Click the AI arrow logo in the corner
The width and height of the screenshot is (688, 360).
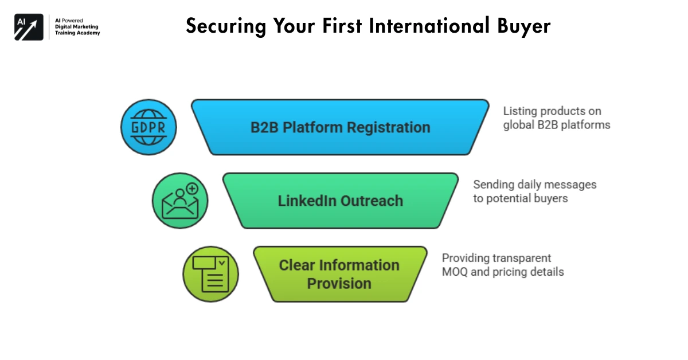click(29, 26)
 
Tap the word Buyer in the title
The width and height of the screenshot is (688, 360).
click(522, 26)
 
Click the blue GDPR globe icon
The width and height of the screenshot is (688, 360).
click(148, 127)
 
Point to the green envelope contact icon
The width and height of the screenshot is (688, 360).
click(180, 201)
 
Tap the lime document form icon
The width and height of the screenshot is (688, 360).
click(210, 274)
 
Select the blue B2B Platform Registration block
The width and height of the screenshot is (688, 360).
click(340, 127)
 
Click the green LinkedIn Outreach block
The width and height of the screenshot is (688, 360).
click(340, 201)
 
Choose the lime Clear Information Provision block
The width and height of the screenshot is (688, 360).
click(339, 274)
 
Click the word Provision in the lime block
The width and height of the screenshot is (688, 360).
click(339, 283)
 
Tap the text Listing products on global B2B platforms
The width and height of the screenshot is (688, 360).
click(556, 118)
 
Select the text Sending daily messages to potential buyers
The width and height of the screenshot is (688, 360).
click(534, 191)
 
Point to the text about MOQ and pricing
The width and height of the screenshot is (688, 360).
click(502, 265)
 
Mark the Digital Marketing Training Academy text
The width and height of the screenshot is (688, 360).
click(77, 30)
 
